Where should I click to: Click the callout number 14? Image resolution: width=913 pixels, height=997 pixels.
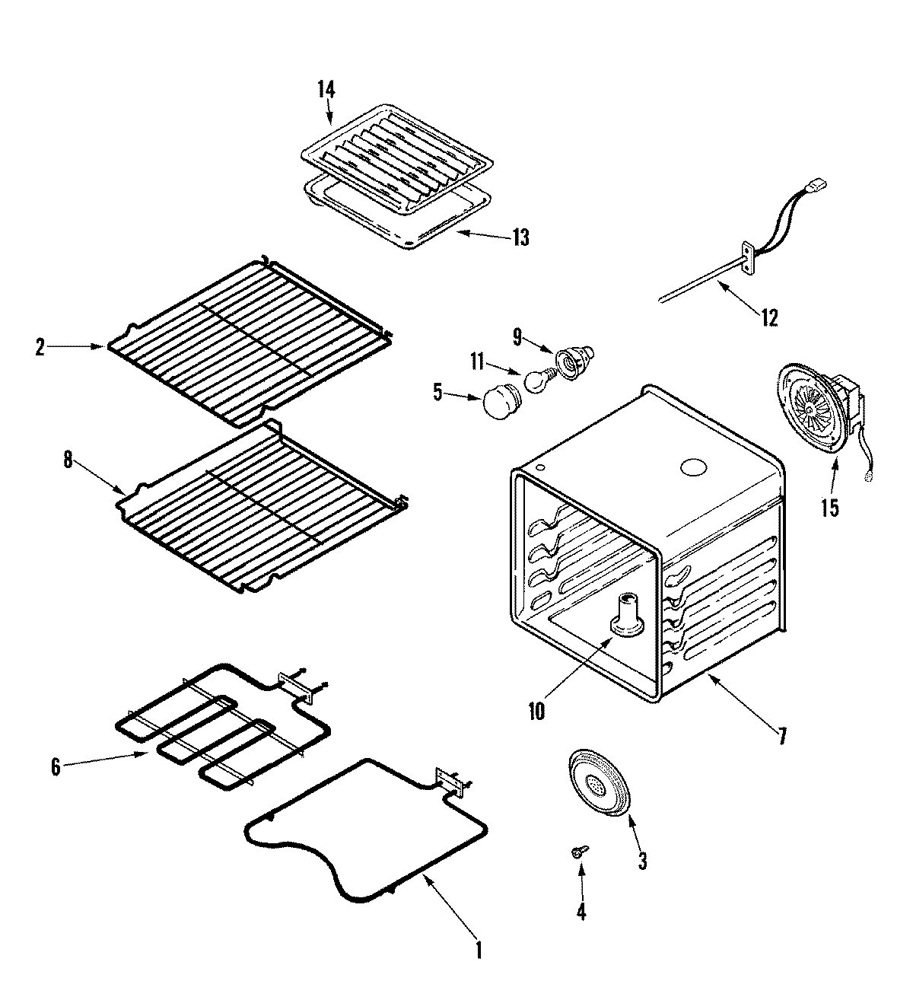coord(326,90)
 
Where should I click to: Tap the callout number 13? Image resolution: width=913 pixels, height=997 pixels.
coord(520,237)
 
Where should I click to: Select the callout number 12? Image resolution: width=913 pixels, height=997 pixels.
coord(770,317)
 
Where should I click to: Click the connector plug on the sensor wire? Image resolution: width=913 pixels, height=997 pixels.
coord(817,185)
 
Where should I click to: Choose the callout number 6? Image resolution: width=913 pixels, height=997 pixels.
coord(56,767)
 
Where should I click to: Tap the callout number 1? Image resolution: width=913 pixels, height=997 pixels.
coord(479,951)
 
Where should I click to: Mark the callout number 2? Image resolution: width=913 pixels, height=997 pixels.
coord(40,348)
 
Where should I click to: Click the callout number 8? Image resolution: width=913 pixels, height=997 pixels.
coord(68,461)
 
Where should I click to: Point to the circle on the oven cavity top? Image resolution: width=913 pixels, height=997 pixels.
coord(694,467)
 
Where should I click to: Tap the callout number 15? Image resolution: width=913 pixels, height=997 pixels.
coord(830,508)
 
